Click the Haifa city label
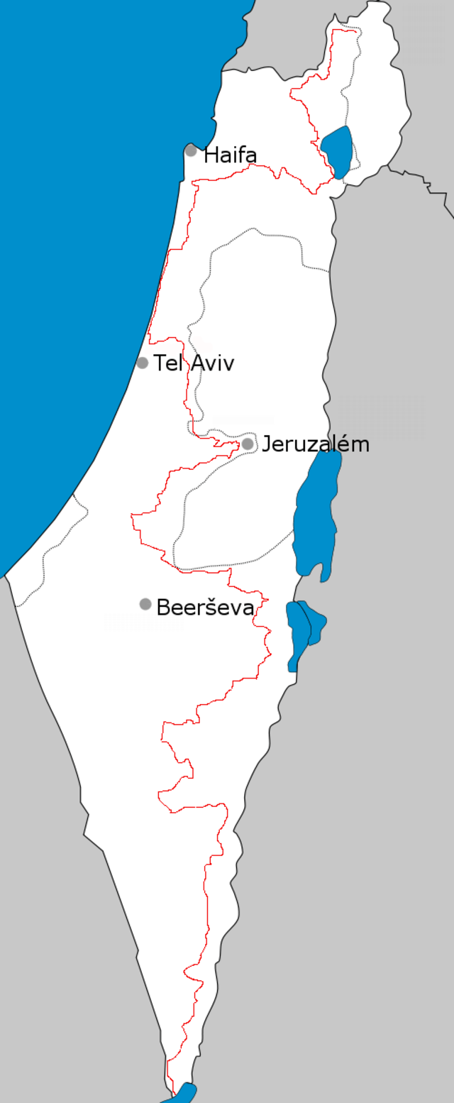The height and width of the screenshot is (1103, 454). [x=230, y=155]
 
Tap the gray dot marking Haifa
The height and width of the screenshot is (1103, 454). [x=191, y=150]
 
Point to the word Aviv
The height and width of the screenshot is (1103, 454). [x=211, y=363]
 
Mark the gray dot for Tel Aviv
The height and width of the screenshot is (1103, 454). [x=143, y=363]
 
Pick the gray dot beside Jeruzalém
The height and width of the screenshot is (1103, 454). [x=248, y=444]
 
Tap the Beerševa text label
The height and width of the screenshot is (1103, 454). [x=204, y=607]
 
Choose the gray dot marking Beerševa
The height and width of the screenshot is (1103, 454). [x=145, y=604]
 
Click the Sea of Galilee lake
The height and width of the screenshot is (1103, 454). [x=338, y=150]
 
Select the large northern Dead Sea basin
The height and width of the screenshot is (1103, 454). [x=316, y=511]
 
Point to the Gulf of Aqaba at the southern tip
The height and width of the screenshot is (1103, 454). [x=183, y=1094]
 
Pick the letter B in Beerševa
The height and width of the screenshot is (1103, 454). [x=162, y=607]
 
